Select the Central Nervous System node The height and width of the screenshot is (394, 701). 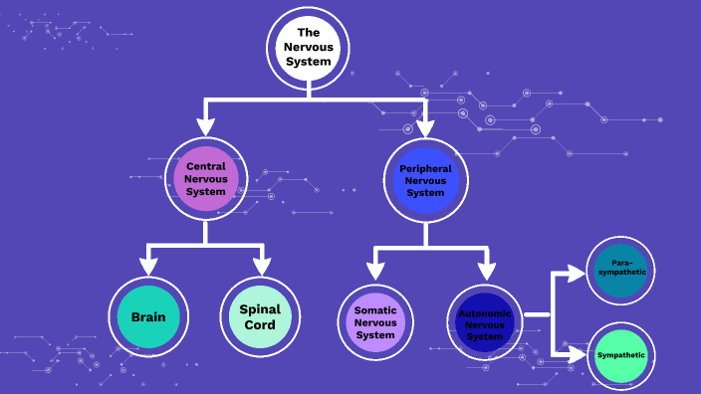pyautogui.click(x=206, y=178)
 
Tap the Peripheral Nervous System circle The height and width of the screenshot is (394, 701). pyautogui.click(x=425, y=179)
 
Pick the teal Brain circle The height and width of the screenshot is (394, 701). pyautogui.click(x=148, y=318)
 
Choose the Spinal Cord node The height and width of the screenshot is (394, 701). pyautogui.click(x=260, y=318)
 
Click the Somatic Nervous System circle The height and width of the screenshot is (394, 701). pyautogui.click(x=375, y=322)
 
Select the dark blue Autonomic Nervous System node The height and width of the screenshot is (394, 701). pyautogui.click(x=485, y=323)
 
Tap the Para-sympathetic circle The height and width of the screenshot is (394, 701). pyautogui.click(x=621, y=270)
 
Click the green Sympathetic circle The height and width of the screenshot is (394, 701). pyautogui.click(x=621, y=355)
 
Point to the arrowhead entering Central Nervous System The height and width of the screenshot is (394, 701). pyautogui.click(x=206, y=125)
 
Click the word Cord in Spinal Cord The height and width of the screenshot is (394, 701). pyautogui.click(x=260, y=326)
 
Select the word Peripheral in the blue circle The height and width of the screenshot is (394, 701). pyautogui.click(x=425, y=169)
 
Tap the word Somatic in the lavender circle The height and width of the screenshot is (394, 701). pyautogui.click(x=375, y=310)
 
